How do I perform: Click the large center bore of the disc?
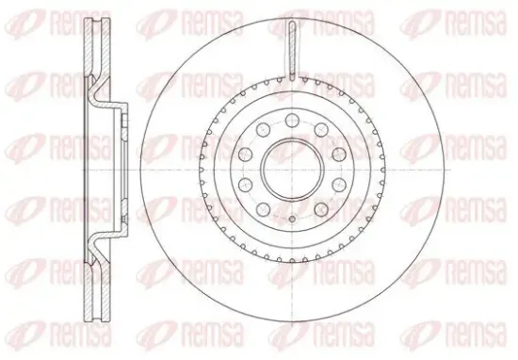[292, 169]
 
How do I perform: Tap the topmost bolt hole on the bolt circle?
[292, 120]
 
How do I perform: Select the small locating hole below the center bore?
[292, 219]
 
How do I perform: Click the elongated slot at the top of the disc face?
[292, 51]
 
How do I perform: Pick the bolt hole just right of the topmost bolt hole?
[321, 129]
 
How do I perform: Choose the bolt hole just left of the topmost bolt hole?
[264, 129]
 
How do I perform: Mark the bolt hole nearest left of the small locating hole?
[264, 209]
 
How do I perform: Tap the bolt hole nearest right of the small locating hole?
[321, 209]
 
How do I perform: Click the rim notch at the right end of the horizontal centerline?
[383, 170]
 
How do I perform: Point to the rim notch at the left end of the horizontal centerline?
[202, 170]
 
